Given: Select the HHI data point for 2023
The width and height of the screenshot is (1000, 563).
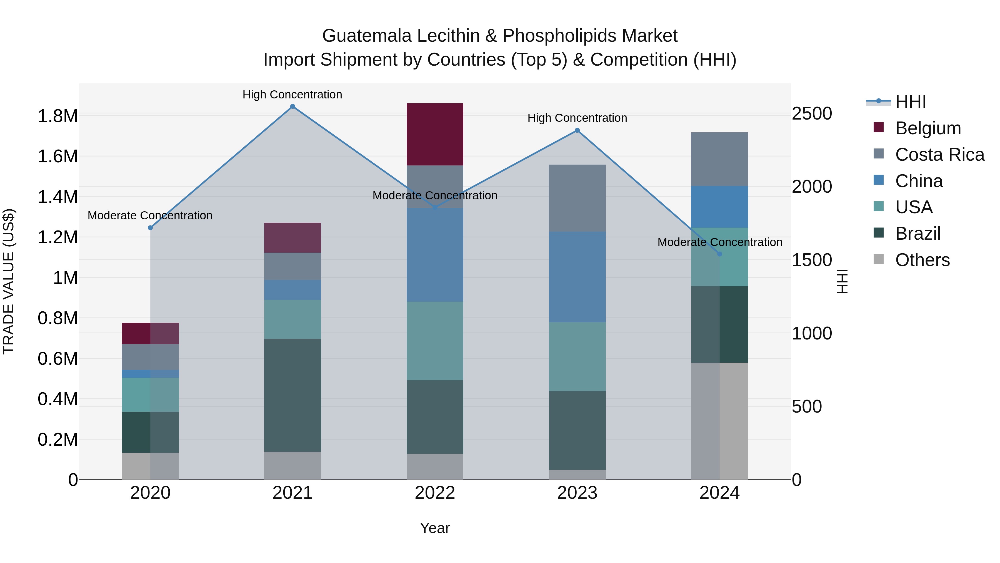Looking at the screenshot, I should click(577, 131).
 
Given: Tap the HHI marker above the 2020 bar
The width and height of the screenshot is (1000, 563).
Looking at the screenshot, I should click(151, 228).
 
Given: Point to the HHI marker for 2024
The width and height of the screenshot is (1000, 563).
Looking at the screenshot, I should click(719, 254).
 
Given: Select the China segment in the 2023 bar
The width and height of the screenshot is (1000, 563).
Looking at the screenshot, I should click(577, 277).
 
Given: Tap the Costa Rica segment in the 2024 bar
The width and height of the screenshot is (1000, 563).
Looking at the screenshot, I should click(719, 159).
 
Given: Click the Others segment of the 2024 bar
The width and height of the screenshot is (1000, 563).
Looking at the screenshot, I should click(719, 421).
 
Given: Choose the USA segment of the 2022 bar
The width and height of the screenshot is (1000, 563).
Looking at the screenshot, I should click(435, 341).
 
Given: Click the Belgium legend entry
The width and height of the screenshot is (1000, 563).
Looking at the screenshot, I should click(928, 128).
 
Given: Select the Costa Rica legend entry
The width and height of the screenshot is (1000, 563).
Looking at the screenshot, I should click(939, 155).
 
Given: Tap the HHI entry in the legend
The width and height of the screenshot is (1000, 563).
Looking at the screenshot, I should click(910, 102).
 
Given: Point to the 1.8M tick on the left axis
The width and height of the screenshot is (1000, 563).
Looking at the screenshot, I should click(57, 116).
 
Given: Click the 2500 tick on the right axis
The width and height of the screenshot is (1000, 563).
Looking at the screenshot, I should click(812, 113).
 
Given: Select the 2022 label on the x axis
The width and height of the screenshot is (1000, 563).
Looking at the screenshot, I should click(435, 493).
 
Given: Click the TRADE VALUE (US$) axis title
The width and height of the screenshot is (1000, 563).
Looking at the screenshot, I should click(9, 281).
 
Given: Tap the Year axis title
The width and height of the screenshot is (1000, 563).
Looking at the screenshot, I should click(435, 528).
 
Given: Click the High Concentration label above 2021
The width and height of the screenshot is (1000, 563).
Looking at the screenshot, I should click(292, 95).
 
